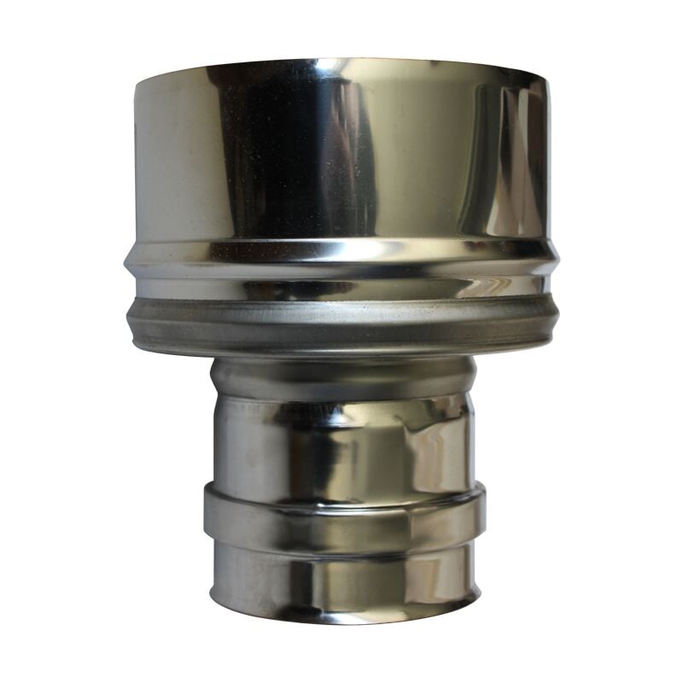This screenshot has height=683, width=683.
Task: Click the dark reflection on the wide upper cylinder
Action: tap(282, 154)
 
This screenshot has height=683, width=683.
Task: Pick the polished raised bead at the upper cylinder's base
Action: tap(341, 256)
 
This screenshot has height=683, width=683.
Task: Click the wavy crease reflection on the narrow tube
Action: tap(427, 444)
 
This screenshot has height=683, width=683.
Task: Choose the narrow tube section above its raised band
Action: tap(341, 444)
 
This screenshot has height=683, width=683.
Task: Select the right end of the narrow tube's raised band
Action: tap(482, 512)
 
